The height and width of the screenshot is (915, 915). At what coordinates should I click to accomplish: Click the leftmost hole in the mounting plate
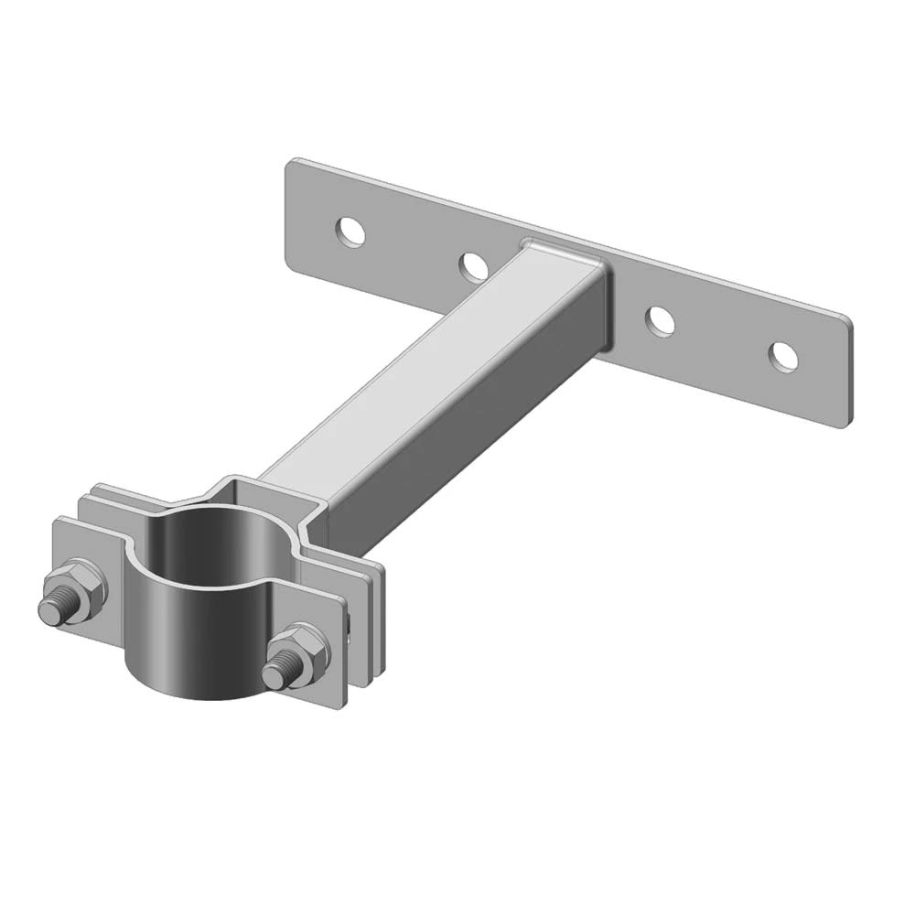click(350, 231)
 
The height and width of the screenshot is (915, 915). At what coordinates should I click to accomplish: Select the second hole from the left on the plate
click(473, 266)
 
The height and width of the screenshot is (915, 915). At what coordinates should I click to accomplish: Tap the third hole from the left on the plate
click(661, 320)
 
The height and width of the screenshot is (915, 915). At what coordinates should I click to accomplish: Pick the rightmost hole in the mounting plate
click(782, 356)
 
